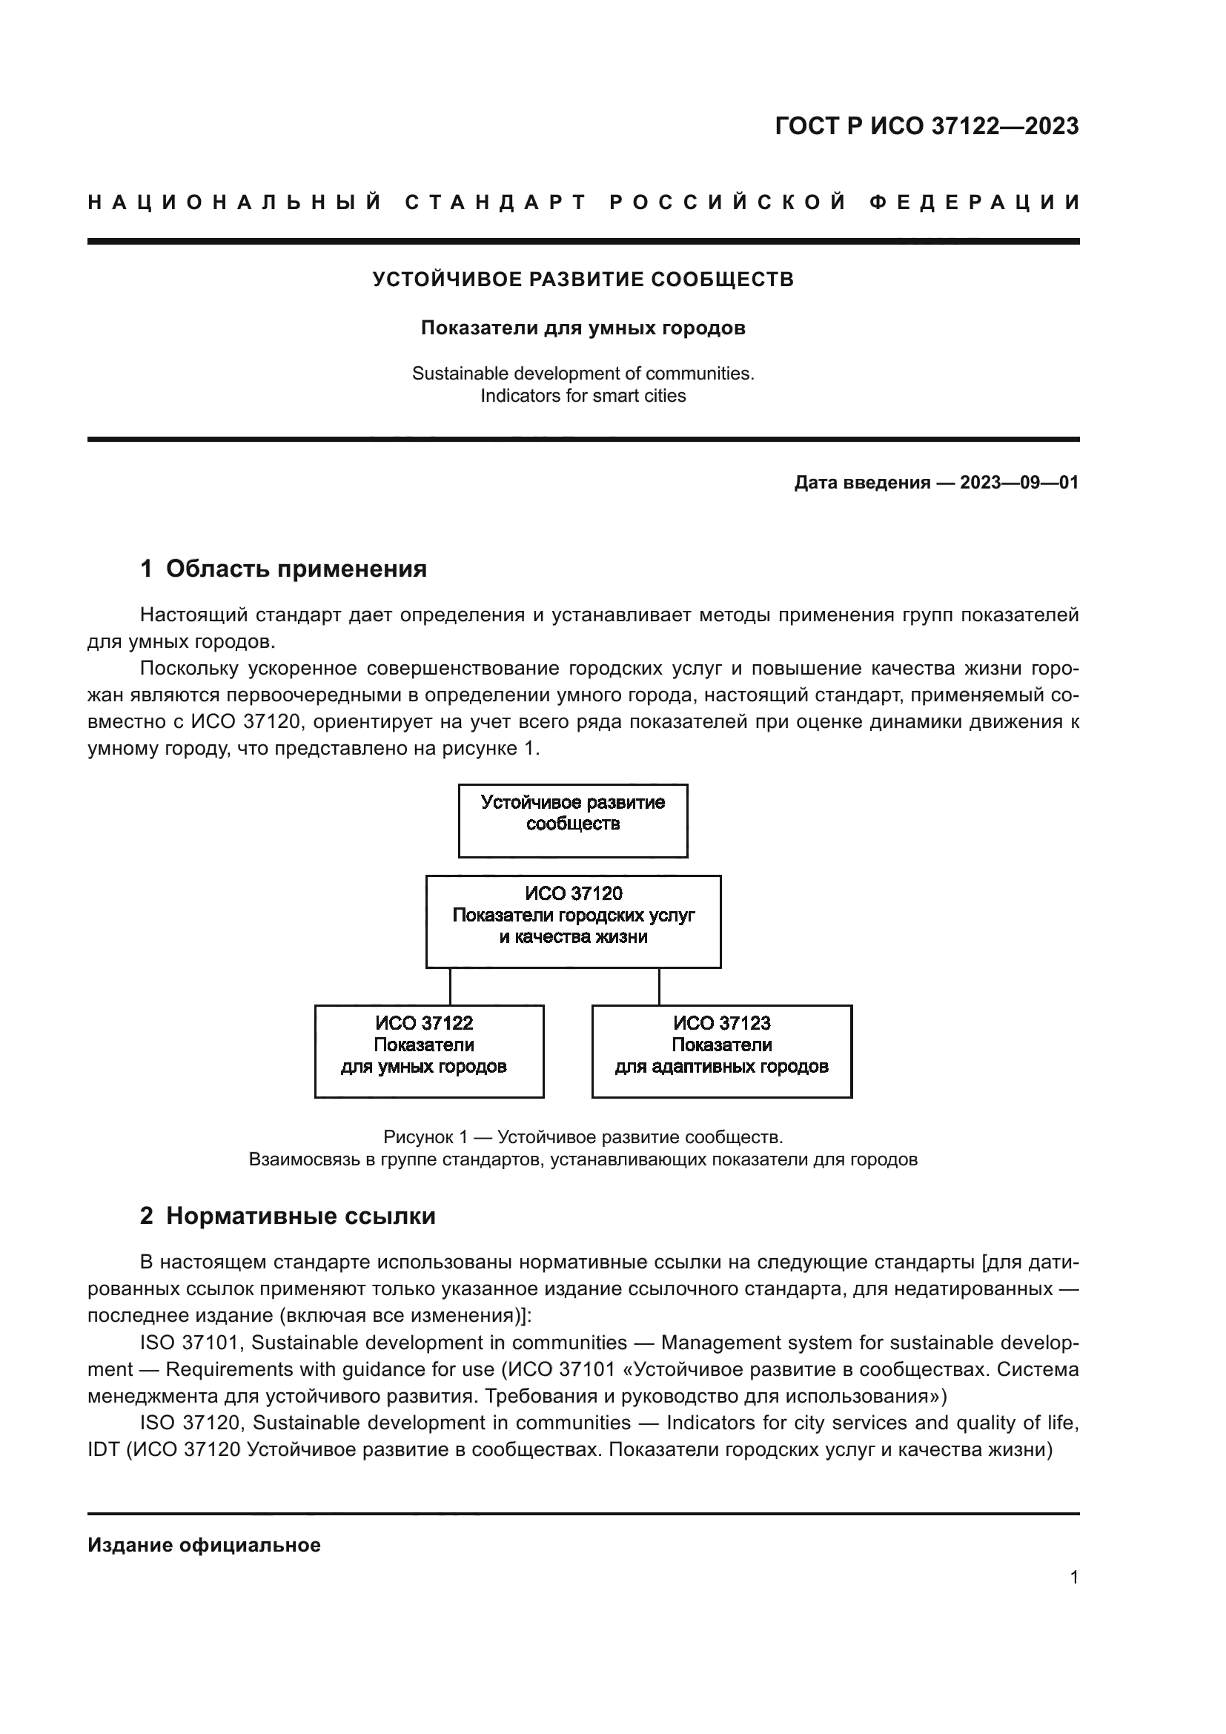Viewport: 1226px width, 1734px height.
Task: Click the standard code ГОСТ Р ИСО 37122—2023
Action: click(927, 126)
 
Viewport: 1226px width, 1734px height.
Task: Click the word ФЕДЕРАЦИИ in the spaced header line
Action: click(974, 202)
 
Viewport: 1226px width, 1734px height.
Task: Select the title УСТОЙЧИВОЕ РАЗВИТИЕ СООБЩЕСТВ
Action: click(583, 279)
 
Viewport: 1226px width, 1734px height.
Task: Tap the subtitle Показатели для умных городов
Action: click(583, 328)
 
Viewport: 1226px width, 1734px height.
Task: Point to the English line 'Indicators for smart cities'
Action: click(583, 396)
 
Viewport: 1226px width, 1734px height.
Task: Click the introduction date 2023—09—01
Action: click(1018, 483)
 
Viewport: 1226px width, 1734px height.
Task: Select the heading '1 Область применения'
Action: click(283, 569)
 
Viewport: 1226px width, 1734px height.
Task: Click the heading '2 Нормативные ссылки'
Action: click(288, 1216)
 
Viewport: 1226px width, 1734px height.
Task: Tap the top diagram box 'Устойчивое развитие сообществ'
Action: click(573, 820)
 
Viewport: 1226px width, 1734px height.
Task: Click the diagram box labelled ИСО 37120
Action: click(573, 921)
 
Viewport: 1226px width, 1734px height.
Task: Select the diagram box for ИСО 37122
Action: click(428, 1051)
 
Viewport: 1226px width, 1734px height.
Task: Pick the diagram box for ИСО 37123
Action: click(722, 1051)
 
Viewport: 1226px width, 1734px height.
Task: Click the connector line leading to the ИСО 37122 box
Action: click(451, 986)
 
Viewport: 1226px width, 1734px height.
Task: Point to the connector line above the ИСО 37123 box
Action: click(659, 986)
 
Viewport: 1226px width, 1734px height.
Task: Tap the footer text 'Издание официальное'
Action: click(204, 1545)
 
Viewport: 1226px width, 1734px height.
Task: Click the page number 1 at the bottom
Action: click(1073, 1577)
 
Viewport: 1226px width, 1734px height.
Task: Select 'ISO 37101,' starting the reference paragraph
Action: click(191, 1343)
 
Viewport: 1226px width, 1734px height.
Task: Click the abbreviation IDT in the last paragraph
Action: click(104, 1450)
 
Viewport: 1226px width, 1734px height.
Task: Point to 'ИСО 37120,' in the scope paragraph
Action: click(247, 721)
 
